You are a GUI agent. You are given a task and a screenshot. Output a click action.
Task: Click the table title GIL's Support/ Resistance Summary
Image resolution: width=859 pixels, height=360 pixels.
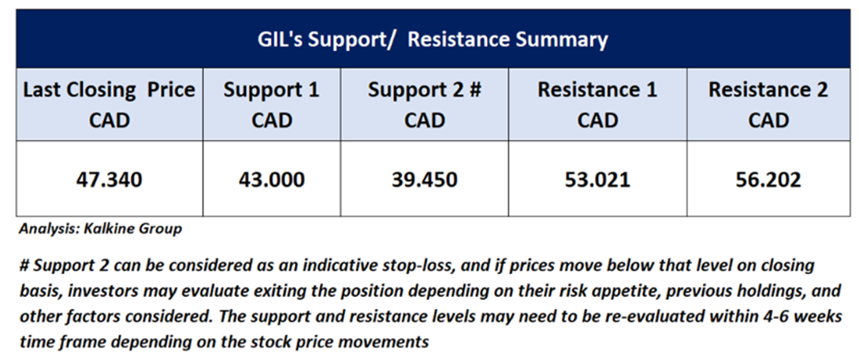(433, 40)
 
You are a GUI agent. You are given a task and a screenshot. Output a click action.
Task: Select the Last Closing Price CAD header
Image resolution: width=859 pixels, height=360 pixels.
(109, 105)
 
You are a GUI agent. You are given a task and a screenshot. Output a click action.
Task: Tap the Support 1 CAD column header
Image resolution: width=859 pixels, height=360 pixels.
(271, 105)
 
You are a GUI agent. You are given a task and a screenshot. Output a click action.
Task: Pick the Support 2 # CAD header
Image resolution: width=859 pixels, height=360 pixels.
(425, 105)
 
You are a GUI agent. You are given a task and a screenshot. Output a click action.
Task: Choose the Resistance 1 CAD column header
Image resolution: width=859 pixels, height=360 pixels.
(597, 105)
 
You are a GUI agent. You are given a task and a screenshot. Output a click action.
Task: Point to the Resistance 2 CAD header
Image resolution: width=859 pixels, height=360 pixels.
(768, 105)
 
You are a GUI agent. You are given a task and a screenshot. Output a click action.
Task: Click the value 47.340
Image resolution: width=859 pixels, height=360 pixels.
(109, 179)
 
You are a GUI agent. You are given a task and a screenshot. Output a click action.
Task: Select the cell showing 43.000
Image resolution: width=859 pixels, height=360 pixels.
(271, 179)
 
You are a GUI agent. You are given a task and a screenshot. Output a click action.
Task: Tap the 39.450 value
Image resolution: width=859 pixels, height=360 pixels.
(425, 179)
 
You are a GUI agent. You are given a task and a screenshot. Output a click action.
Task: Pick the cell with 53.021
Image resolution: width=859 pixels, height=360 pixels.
(597, 179)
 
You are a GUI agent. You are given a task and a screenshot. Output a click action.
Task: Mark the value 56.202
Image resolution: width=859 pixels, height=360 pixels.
(768, 179)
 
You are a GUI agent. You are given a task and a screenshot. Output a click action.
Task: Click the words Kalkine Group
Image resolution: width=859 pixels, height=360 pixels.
(132, 229)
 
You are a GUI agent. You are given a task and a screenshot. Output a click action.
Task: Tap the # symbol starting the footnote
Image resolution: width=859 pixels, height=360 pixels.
(24, 266)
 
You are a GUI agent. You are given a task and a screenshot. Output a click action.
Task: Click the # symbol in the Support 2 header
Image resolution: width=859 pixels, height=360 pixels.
(474, 91)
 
